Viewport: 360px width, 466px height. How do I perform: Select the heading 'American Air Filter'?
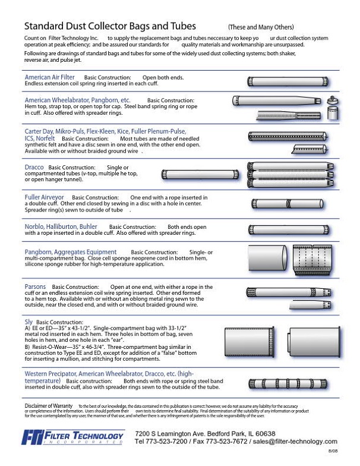[50, 77]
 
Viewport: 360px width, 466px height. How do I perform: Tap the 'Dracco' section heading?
[34, 168]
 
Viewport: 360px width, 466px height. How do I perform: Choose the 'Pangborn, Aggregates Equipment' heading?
[71, 252]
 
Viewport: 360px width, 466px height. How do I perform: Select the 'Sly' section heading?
[29, 321]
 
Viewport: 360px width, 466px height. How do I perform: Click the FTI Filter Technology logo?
[73, 438]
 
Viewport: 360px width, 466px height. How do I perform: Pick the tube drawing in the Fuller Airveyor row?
[286, 203]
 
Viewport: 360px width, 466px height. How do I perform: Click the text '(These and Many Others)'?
[260, 27]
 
